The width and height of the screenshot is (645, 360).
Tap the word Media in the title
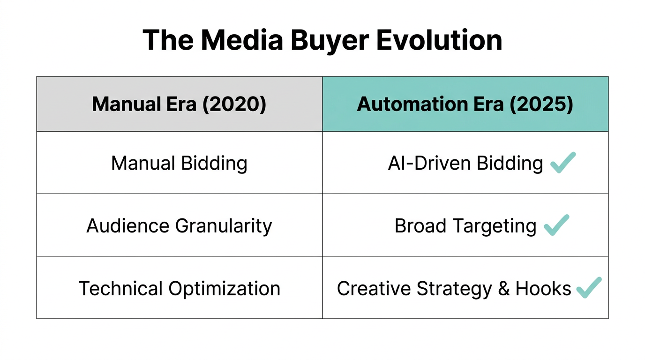241,40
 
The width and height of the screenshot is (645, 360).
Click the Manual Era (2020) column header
179,104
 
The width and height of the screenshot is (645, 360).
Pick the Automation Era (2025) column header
465,104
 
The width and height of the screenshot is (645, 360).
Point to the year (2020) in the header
234,104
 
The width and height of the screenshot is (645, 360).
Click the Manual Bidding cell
179,163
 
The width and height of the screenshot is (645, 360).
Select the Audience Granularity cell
179,225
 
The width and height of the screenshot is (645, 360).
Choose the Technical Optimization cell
179,288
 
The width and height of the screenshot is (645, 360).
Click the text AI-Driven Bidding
465,163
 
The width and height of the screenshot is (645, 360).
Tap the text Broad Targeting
465,225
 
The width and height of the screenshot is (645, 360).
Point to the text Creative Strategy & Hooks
454,288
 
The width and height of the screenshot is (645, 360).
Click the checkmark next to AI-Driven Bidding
562,162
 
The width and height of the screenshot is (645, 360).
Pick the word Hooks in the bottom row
543,288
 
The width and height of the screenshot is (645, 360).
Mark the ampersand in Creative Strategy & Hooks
504,288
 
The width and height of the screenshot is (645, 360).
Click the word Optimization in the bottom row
224,288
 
